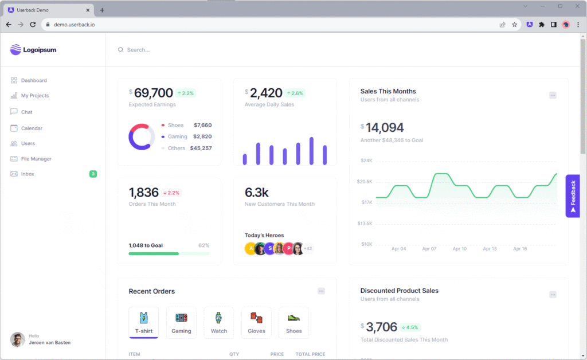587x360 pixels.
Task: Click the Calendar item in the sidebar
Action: pos(32,128)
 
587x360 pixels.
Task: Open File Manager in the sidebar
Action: pos(36,159)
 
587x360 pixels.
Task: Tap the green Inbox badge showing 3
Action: pos(93,174)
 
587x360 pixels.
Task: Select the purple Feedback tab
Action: pos(573,195)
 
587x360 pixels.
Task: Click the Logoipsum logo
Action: pos(33,50)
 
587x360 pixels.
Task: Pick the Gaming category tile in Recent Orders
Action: pos(181,322)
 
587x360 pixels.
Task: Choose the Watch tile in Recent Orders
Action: pos(218,322)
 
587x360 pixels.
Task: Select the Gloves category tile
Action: pos(256,322)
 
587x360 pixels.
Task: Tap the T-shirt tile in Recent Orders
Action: pos(143,322)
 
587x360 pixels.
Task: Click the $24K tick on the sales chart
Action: pos(366,161)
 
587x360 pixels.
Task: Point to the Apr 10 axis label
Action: pos(460,249)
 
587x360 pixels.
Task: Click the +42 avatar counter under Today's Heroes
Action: pos(308,249)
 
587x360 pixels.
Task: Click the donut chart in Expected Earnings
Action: pos(142,137)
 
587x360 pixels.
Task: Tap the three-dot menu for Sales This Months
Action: pos(553,95)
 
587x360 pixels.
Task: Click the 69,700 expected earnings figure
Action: pos(153,93)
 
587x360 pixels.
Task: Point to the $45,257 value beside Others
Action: pos(201,148)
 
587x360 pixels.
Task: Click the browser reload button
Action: pos(33,25)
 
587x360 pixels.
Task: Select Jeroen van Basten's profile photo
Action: pos(18,339)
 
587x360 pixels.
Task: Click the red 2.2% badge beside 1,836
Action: pos(171,193)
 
